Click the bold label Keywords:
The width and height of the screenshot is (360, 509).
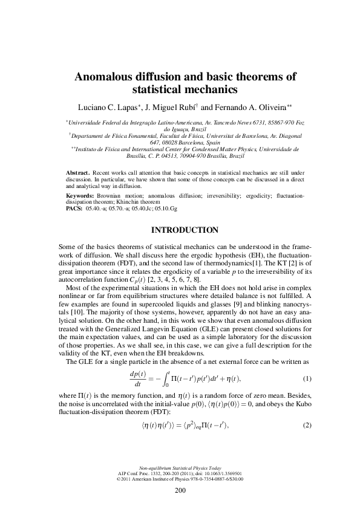pos(80,196)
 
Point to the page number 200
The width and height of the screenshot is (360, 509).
pos(180,490)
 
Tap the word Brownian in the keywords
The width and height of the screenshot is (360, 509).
pos(110,196)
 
